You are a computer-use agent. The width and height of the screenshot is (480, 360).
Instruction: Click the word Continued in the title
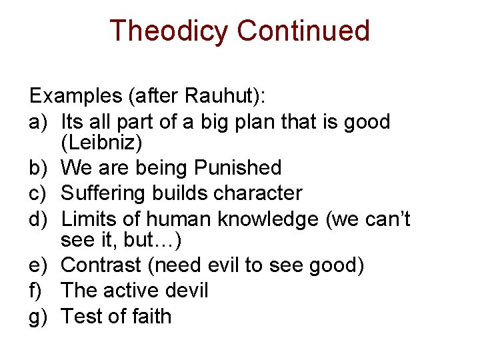(303, 31)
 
